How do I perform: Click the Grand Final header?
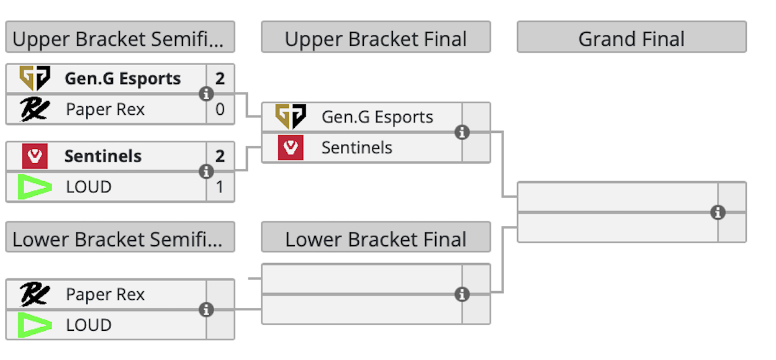631,38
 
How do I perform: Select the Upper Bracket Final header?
376,38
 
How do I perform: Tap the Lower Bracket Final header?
376,239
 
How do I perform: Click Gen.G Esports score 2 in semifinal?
220,79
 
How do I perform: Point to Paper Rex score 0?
220,110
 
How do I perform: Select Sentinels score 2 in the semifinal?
220,156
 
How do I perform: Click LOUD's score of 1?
220,187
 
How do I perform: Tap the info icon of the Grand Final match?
718,213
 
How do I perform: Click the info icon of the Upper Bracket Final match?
462,132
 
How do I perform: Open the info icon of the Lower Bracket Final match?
462,294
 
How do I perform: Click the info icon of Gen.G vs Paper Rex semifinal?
206,94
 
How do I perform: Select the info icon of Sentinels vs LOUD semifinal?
206,171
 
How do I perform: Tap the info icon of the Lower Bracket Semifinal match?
206,309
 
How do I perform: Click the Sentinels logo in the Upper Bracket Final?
291,148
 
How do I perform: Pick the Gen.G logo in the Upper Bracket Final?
291,117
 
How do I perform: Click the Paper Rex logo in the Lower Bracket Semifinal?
35,294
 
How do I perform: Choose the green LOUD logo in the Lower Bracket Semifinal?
35,325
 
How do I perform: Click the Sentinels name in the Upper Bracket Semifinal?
103,156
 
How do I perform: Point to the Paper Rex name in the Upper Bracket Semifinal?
105,110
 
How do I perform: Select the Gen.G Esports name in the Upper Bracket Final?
377,117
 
